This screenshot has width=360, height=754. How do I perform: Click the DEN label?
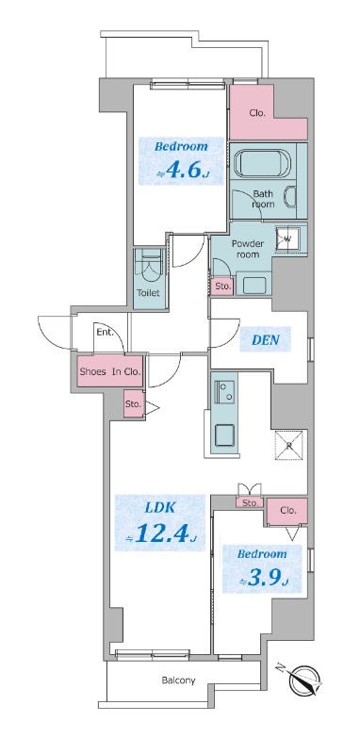[x=264, y=340]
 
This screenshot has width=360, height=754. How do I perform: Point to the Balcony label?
[x=178, y=680]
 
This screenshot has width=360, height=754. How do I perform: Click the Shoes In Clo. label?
[x=109, y=371]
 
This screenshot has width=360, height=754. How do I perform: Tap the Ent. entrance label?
[x=104, y=332]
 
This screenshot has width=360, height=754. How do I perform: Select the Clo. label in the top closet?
[x=257, y=113]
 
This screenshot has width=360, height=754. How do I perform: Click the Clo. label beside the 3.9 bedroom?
[x=287, y=510]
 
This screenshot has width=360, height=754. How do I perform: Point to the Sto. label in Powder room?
[x=222, y=286]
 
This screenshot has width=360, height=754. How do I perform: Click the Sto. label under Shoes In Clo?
[x=133, y=404]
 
